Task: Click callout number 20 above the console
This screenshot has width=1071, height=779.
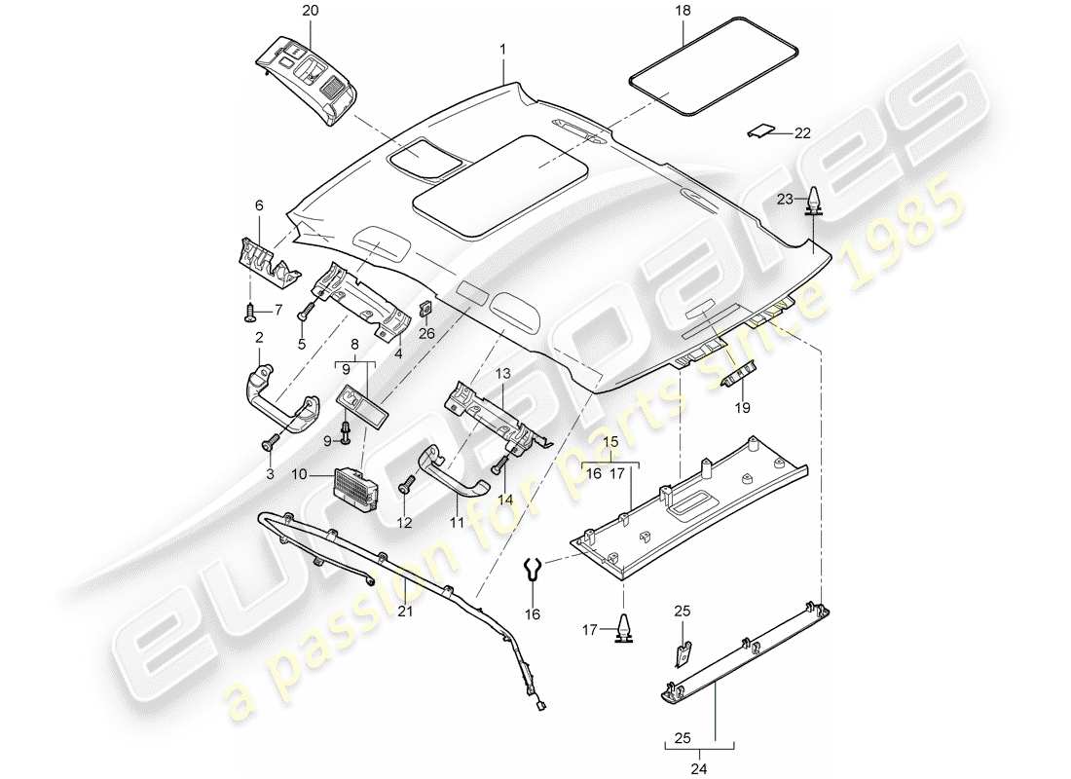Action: pyautogui.click(x=282, y=11)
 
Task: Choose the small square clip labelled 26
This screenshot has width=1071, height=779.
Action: pyautogui.click(x=425, y=309)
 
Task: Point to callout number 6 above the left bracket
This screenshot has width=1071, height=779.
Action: pyautogui.click(x=259, y=205)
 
